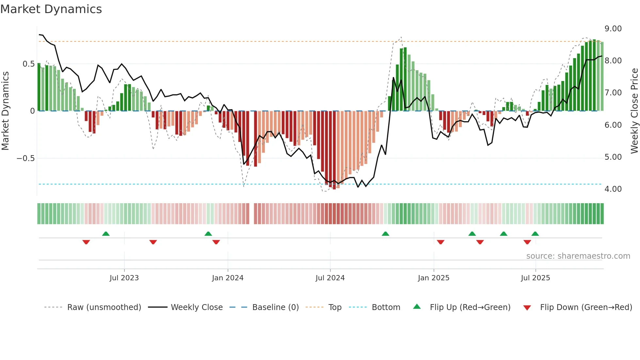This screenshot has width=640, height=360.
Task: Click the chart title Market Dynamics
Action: pyautogui.click(x=51, y=9)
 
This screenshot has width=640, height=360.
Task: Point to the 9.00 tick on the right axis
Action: pyautogui.click(x=613, y=29)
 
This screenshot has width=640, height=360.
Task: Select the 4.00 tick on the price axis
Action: pyautogui.click(x=613, y=189)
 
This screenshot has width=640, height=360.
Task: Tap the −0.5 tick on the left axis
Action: pyautogui.click(x=25, y=158)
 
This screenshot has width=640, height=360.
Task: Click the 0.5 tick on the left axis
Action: pyautogui.click(x=28, y=64)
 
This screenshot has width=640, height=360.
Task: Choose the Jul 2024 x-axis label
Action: pyautogui.click(x=330, y=278)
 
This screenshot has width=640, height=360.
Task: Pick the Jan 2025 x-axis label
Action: pyautogui.click(x=433, y=278)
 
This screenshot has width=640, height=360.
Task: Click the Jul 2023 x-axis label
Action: pyautogui.click(x=124, y=278)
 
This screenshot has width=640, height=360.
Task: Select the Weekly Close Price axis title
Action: pyautogui.click(x=634, y=111)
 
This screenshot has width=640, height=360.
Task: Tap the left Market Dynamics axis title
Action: pyautogui.click(x=5, y=111)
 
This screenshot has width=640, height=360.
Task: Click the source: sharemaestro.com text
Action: pyautogui.click(x=578, y=256)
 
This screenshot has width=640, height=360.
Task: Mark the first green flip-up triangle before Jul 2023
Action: pyautogui.click(x=106, y=234)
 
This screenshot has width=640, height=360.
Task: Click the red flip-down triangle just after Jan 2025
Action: pyautogui.click(x=440, y=242)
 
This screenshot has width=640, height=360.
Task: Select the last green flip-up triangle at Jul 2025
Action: pyautogui.click(x=535, y=234)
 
